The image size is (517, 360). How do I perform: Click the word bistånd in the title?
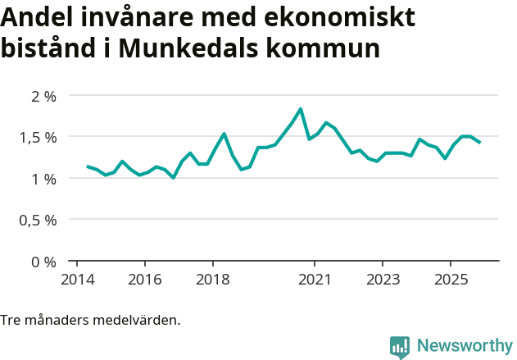(x=50, y=48)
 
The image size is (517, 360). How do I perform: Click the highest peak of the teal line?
(x=301, y=109)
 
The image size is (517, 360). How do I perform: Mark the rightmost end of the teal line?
(x=479, y=143)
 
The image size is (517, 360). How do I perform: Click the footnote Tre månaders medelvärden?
(x=90, y=320)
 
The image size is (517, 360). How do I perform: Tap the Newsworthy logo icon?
(x=400, y=347)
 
